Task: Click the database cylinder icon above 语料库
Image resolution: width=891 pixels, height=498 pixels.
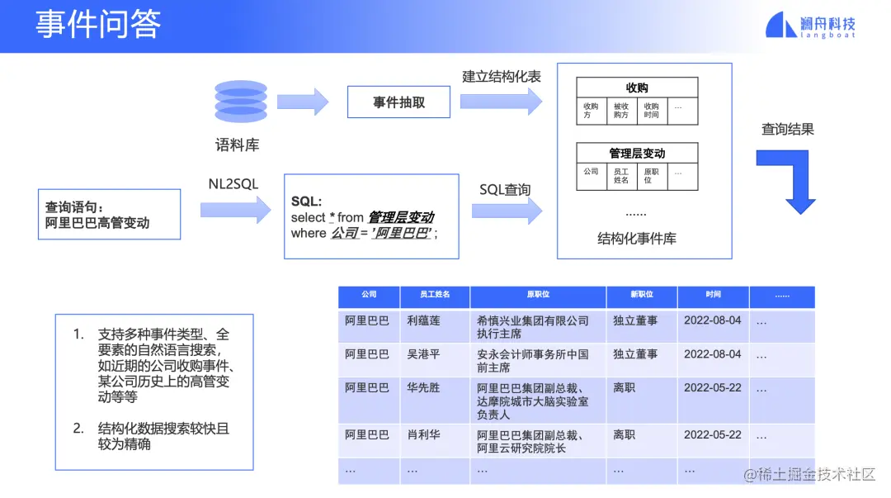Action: pos(240,102)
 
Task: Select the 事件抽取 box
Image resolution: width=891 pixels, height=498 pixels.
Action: pos(398,102)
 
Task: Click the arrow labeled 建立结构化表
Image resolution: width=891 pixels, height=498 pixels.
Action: pos(501,102)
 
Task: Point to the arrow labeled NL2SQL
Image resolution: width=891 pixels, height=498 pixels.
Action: pos(235,209)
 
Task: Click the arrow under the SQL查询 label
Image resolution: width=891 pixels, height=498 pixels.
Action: pos(507,211)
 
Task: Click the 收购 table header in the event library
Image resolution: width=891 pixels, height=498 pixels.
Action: pos(636,88)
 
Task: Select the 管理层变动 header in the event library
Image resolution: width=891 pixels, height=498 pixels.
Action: pos(636,153)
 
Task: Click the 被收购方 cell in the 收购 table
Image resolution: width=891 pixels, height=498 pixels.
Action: pos(620,111)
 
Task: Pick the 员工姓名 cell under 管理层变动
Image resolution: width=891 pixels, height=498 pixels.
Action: pos(620,176)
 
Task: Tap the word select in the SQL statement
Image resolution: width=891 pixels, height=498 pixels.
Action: pos(308,217)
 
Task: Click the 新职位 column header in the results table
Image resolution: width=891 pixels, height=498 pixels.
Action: pos(641,295)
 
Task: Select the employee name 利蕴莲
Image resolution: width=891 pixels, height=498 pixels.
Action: pos(424,320)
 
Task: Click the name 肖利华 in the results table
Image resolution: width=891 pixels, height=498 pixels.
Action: pos(424,434)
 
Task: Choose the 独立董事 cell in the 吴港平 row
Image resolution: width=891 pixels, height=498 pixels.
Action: pos(635,353)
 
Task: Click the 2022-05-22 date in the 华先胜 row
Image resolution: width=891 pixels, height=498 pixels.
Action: pos(712,387)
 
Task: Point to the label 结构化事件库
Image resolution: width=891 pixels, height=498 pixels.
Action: pos(636,239)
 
